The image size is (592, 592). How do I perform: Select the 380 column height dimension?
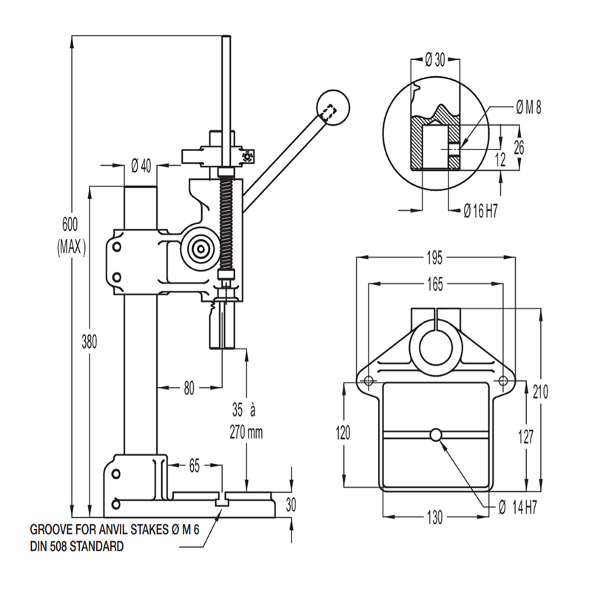(90, 341)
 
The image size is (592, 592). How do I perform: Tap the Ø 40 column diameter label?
(141, 165)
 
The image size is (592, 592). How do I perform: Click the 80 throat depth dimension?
(189, 386)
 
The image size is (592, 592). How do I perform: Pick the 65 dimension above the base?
(195, 466)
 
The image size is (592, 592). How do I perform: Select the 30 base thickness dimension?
(291, 505)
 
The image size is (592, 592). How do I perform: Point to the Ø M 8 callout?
(528, 108)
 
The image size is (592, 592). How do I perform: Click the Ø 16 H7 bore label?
(480, 212)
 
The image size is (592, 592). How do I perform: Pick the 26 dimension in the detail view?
(519, 147)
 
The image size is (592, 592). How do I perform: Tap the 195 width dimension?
(434, 258)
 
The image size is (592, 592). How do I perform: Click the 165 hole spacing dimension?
(435, 283)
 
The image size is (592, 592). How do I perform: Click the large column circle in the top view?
(436, 347)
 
